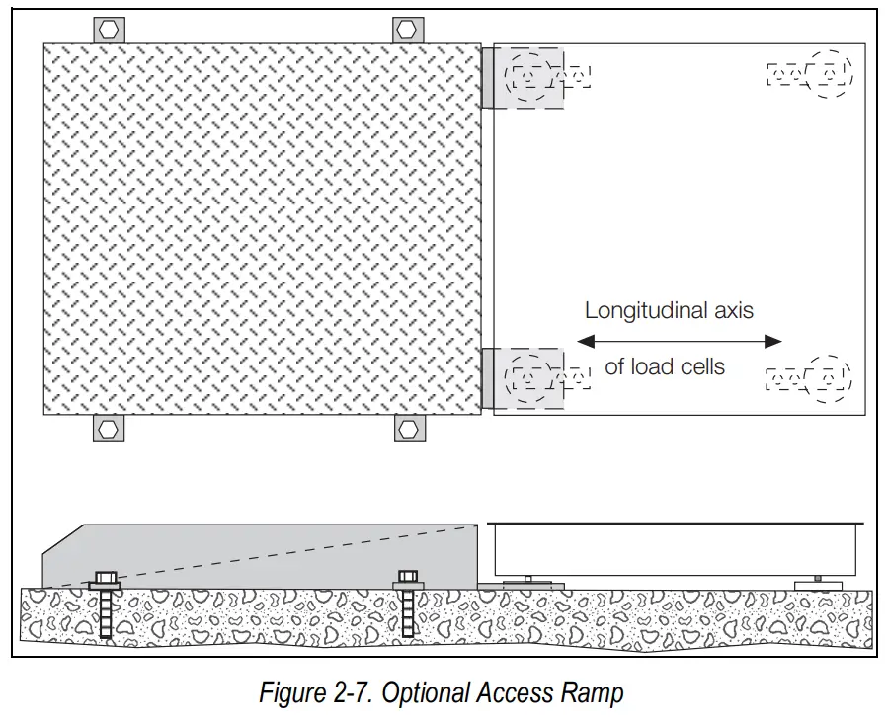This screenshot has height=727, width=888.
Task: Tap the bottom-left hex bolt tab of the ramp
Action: click(x=108, y=428)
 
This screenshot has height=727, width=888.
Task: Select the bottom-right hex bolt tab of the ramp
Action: click(x=408, y=428)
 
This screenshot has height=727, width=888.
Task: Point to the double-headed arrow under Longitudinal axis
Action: click(x=679, y=342)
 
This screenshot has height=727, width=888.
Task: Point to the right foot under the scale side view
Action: click(x=819, y=583)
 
